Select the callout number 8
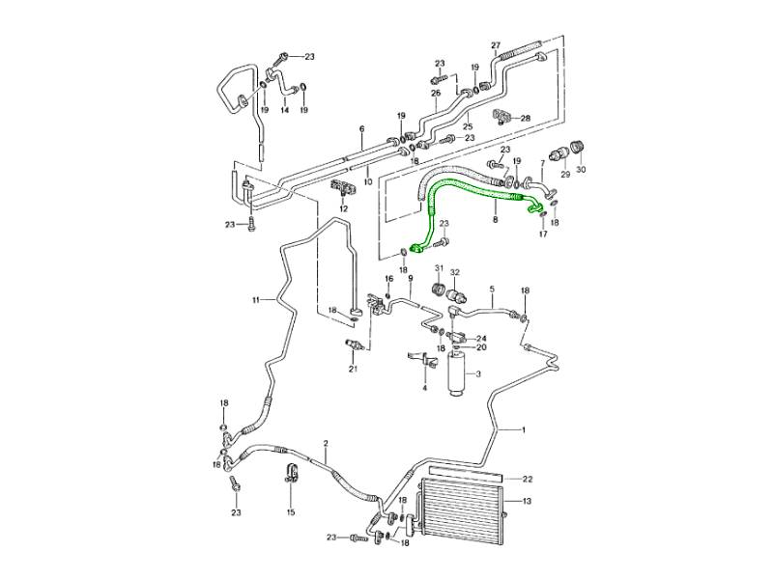495,220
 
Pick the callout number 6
361,128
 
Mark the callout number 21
353,369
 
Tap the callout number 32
455,273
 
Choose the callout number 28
526,118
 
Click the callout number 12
342,208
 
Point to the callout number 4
423,388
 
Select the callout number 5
491,289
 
